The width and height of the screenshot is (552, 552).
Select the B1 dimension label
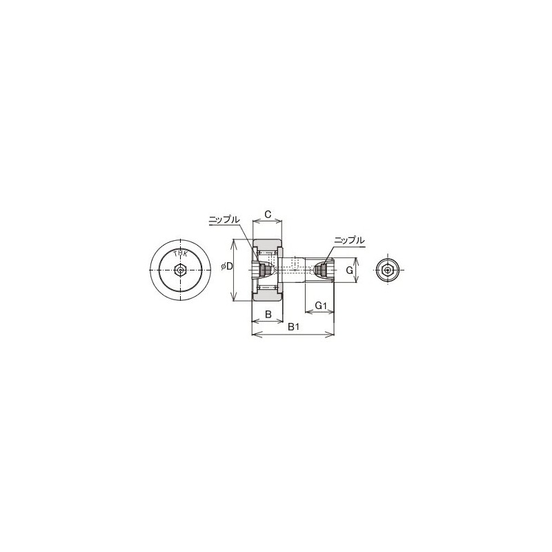pos(293,326)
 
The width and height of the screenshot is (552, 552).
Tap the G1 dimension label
pos(319,305)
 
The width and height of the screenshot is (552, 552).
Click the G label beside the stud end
pos(350,271)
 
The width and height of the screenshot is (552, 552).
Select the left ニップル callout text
pos(224,219)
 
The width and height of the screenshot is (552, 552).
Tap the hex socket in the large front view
pos(180,270)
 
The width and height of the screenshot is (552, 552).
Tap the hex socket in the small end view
pos(388,270)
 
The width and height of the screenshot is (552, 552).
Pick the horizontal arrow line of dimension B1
pos(293,335)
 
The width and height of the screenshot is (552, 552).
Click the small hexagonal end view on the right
pos(388,270)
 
